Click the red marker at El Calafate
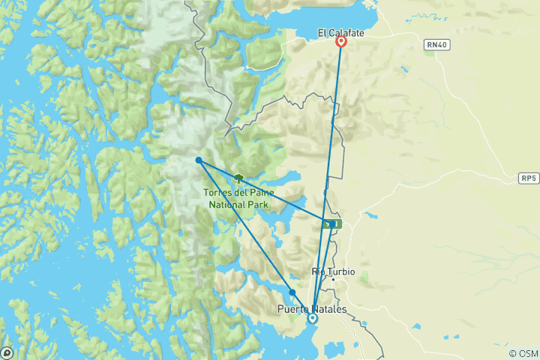[x=341, y=42]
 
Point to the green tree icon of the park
[x=239, y=178]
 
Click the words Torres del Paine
[x=238, y=193]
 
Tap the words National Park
[x=238, y=202]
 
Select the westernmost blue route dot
[x=198, y=160]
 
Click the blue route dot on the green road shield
[x=331, y=223]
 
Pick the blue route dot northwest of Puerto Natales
[x=292, y=292]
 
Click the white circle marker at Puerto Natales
[x=313, y=318]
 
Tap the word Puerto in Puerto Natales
[x=293, y=308]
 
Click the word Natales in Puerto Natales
[x=327, y=308]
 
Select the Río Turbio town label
[x=333, y=271]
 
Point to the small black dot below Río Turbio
[x=333, y=280]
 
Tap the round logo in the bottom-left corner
[x=7, y=352]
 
